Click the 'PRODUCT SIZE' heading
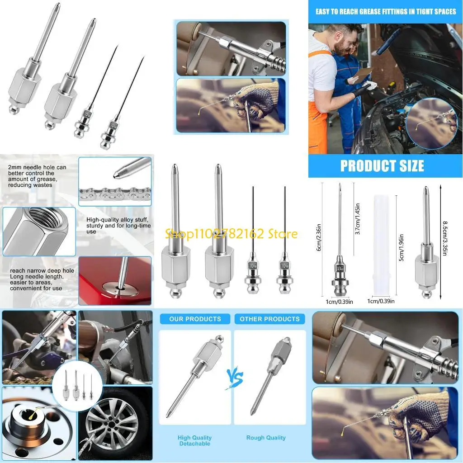(x=382, y=165)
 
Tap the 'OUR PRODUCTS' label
(x=195, y=319)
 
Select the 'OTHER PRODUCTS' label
(x=269, y=319)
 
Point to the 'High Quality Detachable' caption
(x=194, y=441)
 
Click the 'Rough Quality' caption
(x=266, y=438)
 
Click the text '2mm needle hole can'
(x=37, y=167)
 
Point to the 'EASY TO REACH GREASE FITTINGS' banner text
(x=386, y=11)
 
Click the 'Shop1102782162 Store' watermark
(x=231, y=234)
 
